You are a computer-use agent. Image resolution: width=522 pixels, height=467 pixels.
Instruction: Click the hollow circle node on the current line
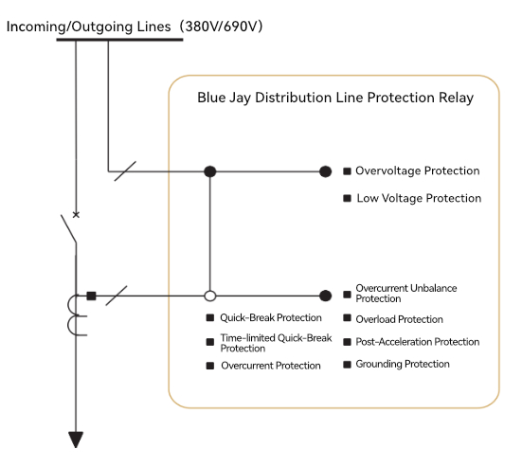(x=209, y=296)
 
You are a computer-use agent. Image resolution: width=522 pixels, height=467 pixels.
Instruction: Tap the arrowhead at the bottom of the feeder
(x=76, y=440)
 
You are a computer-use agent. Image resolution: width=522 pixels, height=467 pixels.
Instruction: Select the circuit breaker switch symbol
(x=69, y=228)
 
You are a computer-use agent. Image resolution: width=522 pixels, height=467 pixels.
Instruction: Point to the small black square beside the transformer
(x=91, y=296)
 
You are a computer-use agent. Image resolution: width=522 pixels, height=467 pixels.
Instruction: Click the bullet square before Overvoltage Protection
(x=347, y=171)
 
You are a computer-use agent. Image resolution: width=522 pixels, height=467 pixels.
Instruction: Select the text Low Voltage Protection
(x=419, y=198)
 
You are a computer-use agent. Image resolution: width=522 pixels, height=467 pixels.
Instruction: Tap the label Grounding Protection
(x=403, y=364)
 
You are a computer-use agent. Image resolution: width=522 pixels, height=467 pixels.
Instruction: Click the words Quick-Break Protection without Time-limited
(x=271, y=317)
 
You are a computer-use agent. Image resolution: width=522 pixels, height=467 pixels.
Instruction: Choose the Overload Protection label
(x=399, y=319)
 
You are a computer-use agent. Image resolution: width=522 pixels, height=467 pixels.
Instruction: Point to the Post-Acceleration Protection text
(x=418, y=342)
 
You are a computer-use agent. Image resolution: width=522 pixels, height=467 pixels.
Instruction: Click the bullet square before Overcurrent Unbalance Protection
(x=347, y=295)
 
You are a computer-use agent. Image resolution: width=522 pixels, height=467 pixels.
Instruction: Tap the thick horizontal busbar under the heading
(x=120, y=40)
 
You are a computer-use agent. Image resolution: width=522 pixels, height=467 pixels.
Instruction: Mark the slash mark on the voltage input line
(x=125, y=171)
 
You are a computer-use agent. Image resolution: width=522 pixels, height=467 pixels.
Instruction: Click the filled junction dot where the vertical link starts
(x=209, y=171)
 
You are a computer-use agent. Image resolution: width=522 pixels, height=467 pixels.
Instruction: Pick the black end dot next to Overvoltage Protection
(x=325, y=171)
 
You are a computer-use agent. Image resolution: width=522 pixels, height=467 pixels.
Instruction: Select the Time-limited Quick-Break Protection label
(x=276, y=343)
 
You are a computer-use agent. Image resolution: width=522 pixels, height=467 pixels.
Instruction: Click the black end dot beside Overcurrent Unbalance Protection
(x=325, y=296)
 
